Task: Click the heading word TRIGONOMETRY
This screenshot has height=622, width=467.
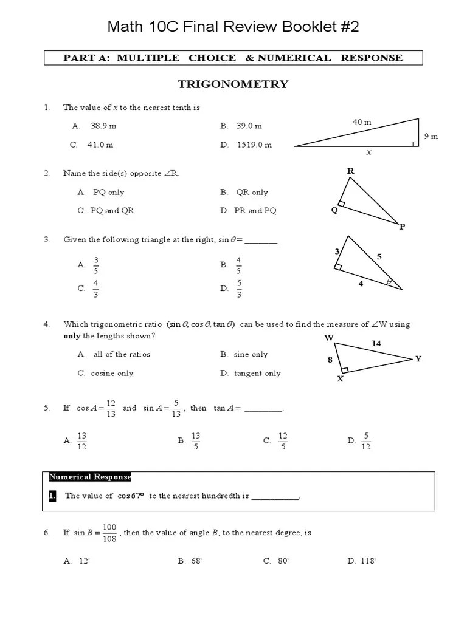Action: tap(233, 84)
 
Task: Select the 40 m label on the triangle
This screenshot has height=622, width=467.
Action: tap(362, 122)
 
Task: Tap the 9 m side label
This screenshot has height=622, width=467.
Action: tap(431, 137)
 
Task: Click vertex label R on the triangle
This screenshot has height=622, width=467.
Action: tap(350, 171)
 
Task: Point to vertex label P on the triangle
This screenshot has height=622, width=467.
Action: tap(402, 227)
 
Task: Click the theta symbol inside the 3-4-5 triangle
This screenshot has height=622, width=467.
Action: tap(389, 282)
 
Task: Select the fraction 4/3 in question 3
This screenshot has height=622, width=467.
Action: tap(95, 289)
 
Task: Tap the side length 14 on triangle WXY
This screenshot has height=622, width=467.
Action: tap(376, 343)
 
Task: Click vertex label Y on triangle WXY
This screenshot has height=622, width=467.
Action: tap(418, 358)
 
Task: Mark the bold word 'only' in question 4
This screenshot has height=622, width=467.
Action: tap(72, 336)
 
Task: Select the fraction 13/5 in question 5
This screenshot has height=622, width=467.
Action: tap(196, 441)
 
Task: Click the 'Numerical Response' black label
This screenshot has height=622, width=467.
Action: tap(89, 477)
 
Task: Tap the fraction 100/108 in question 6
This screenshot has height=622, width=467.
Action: tap(109, 533)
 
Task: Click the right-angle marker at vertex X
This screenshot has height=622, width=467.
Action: tap(345, 369)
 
